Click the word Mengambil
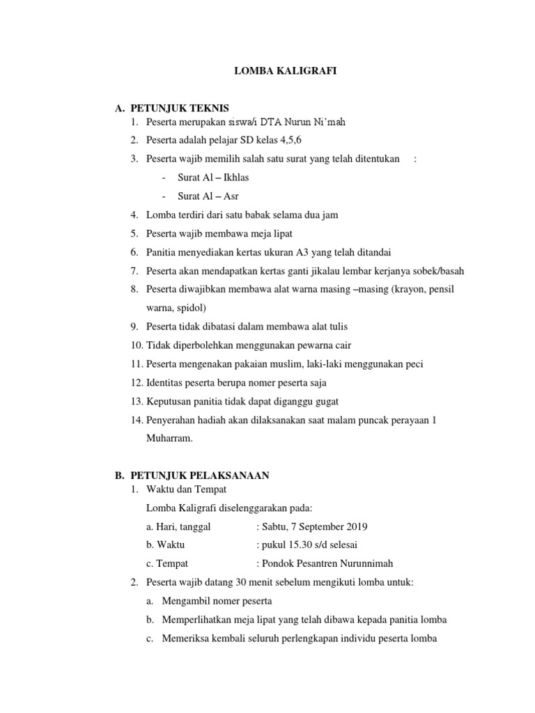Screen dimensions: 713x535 189,600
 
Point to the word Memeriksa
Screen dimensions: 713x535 188,638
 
